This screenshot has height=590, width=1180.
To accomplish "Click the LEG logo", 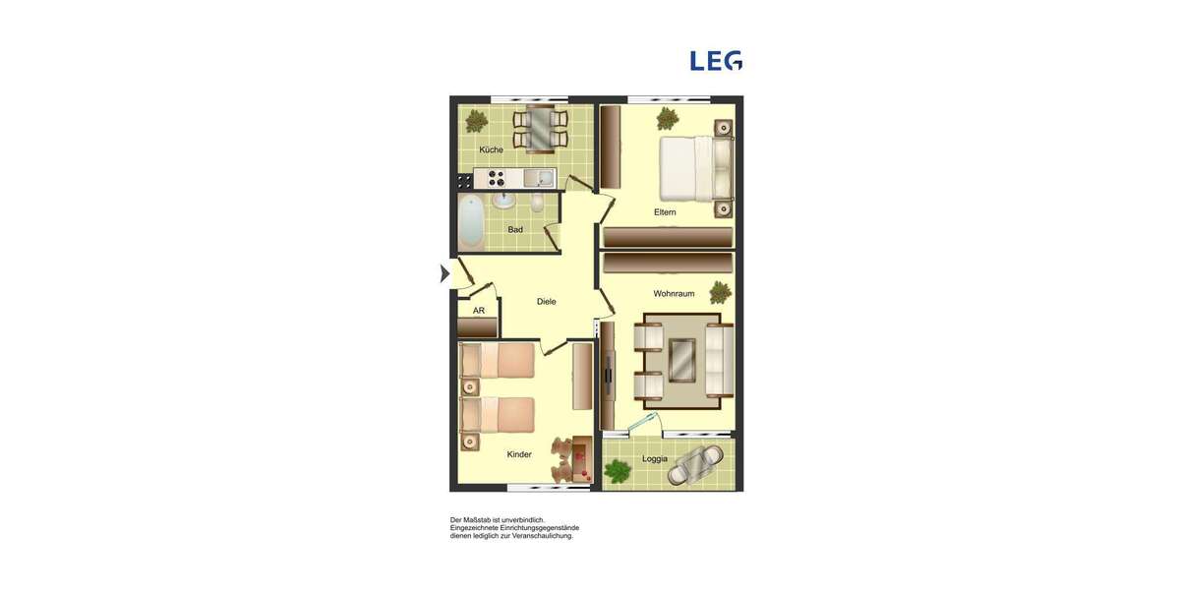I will [x=716, y=61].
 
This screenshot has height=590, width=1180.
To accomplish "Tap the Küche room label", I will [x=491, y=149].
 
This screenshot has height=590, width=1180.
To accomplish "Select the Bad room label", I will [x=515, y=229].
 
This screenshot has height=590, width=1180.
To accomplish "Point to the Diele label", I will [x=546, y=302].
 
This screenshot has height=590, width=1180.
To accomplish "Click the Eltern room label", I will [x=665, y=212].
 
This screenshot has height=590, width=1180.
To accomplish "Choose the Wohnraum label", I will [x=674, y=293].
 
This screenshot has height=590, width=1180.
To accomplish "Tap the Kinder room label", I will [x=519, y=454].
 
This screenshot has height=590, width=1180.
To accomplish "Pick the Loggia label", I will [x=655, y=458].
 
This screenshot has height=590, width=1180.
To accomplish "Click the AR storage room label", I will [x=479, y=311].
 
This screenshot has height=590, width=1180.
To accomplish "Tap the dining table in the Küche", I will [x=540, y=129].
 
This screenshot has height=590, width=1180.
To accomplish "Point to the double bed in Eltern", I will [x=694, y=168].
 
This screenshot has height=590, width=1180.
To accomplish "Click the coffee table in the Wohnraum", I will [x=682, y=359].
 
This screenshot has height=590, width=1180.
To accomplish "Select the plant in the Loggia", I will [x=618, y=472].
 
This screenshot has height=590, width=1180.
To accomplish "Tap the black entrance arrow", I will [x=444, y=273].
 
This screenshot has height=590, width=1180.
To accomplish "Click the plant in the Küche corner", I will [x=476, y=121].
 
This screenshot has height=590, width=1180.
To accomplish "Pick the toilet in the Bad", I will [x=537, y=204].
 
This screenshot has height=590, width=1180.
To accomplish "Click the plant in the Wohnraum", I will [x=721, y=292].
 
